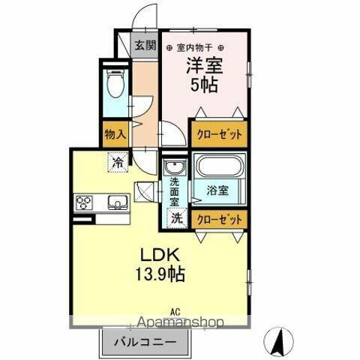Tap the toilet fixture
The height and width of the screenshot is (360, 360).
(115, 84)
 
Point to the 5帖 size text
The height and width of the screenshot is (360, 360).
(202, 85)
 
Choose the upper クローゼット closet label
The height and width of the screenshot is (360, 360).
(218, 134)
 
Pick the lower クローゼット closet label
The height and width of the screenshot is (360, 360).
(218, 218)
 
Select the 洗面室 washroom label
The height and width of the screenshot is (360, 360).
(174, 190)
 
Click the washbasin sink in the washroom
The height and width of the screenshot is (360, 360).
(175, 166)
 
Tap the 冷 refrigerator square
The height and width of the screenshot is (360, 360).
(118, 160)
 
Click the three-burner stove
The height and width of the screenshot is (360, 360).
(83, 202)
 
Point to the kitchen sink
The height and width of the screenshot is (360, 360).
(117, 202)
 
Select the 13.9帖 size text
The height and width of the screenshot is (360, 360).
(160, 274)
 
